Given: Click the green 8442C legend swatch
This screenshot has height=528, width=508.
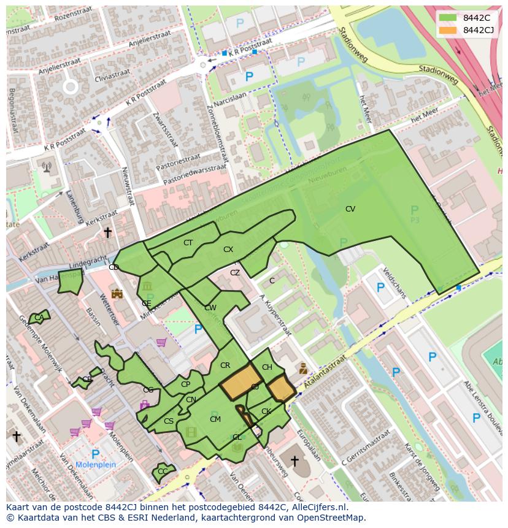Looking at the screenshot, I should point(448,18).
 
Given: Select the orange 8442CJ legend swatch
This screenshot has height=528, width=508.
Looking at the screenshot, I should point(448,30).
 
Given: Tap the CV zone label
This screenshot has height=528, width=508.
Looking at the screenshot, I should point(350,209).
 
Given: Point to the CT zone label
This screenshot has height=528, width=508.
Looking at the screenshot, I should point(188,243).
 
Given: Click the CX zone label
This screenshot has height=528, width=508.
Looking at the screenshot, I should point(228,250).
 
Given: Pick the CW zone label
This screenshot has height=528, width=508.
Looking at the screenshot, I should point(210,308).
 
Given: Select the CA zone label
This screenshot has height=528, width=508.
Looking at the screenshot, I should point(39,318).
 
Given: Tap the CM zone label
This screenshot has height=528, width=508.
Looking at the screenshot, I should point(215,419).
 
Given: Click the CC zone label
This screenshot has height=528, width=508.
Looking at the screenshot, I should point(163,472).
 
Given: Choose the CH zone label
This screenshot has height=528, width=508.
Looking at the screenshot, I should point(267,367).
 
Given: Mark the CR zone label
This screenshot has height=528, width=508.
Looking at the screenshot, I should point(225,365).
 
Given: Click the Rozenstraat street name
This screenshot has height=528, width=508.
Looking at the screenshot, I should point(68,18).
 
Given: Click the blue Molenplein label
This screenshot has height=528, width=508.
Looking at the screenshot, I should point(95,465).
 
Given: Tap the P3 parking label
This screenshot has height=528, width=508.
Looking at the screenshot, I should point(415,220).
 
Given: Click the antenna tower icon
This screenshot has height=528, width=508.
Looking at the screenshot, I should point(47,166).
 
